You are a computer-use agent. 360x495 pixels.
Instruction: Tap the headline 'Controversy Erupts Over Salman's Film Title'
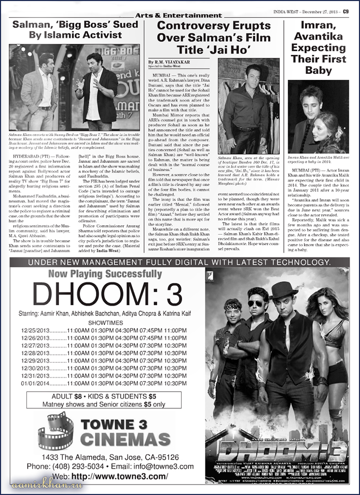point(214,38)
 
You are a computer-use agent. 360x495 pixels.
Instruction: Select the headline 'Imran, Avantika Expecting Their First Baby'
point(318,48)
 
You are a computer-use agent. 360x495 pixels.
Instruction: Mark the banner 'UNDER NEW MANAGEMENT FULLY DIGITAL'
point(179,263)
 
